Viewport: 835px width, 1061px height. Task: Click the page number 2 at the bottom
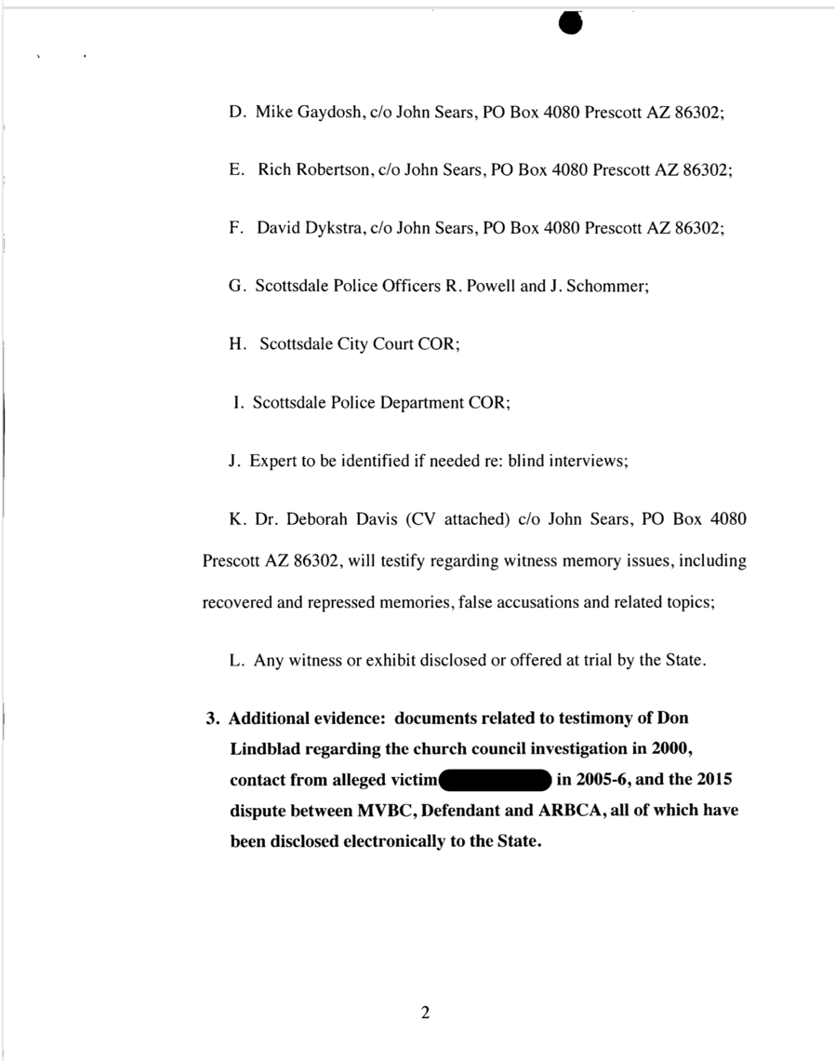425,1014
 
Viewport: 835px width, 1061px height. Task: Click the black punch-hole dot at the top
571,23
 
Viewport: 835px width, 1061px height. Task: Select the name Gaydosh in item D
329,113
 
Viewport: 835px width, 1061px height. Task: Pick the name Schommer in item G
610,287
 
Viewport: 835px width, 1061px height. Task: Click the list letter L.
235,661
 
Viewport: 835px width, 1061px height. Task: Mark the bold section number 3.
211,719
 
